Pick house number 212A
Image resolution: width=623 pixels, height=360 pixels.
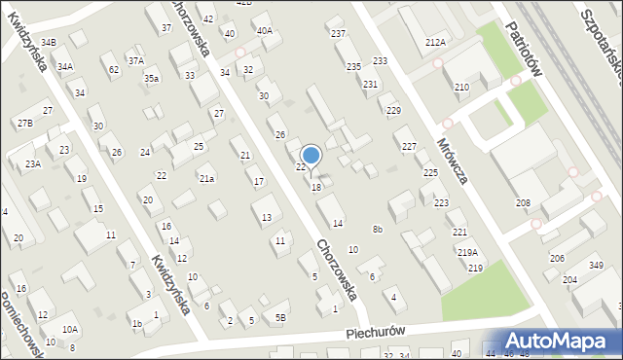tap(435, 42)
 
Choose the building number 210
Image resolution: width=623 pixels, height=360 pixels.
tap(461, 88)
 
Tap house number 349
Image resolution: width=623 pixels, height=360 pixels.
tap(596, 266)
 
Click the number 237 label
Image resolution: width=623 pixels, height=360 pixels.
tap(338, 34)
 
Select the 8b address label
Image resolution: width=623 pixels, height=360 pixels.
tap(378, 229)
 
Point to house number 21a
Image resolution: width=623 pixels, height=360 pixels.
tap(206, 179)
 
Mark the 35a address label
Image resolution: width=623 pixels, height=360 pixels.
tap(151, 78)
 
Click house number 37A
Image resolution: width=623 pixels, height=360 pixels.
tap(135, 60)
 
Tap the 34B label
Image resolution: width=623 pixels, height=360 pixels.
tap(49, 42)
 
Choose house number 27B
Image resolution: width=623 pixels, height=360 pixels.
tap(25, 123)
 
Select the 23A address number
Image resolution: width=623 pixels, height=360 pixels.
tap(33, 163)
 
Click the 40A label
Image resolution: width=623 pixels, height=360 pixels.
tap(265, 30)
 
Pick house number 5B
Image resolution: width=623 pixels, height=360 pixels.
tap(280, 317)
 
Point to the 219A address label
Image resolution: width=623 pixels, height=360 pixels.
tap(467, 253)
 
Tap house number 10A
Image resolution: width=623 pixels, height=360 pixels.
tap(70, 330)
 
